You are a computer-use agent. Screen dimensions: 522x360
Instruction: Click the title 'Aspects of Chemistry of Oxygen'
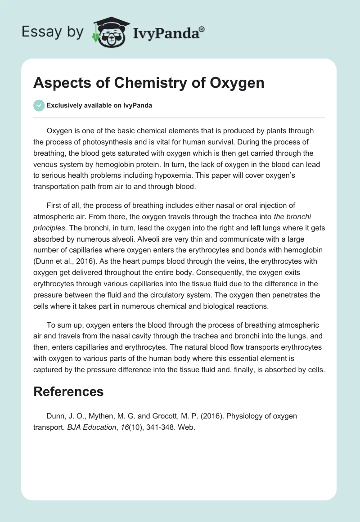point(149,83)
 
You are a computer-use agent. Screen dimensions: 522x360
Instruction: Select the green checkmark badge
point(39,105)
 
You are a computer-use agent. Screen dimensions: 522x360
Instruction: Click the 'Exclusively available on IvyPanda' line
point(99,105)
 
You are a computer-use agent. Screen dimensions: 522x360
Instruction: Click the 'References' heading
point(68,391)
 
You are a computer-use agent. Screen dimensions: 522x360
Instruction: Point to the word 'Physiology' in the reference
point(243,416)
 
